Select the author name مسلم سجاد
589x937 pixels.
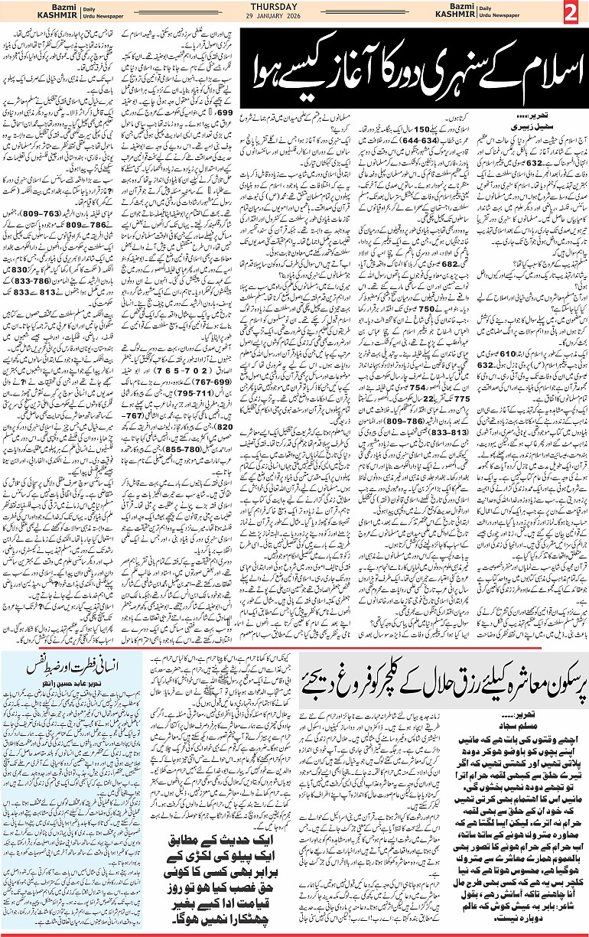pyautogui.click(x=536, y=719)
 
